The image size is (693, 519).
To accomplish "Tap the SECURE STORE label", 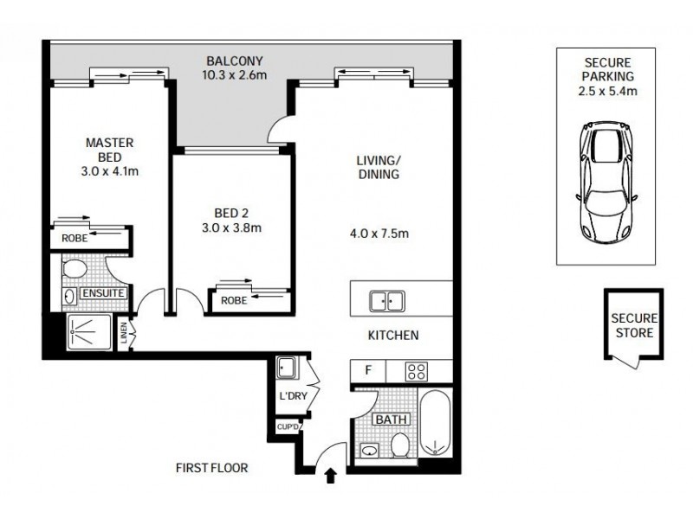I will tap(633, 325).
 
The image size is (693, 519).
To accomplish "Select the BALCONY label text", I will tap(234, 61).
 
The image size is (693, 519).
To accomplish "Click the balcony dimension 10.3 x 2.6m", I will tap(234, 75).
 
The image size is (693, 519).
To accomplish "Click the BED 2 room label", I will tap(230, 213).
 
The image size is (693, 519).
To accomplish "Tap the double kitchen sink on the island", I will tap(387, 301).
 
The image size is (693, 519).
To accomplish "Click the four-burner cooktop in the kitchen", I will tap(418, 372).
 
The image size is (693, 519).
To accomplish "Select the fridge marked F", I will tap(368, 372).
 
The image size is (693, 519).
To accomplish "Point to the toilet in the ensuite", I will tap(74, 268).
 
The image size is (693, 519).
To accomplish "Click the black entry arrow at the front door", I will tap(329, 474).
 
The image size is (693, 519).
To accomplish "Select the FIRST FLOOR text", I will tap(211, 468).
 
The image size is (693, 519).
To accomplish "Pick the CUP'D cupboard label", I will tap(288, 426).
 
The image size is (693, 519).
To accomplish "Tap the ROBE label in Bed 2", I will tap(233, 301).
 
